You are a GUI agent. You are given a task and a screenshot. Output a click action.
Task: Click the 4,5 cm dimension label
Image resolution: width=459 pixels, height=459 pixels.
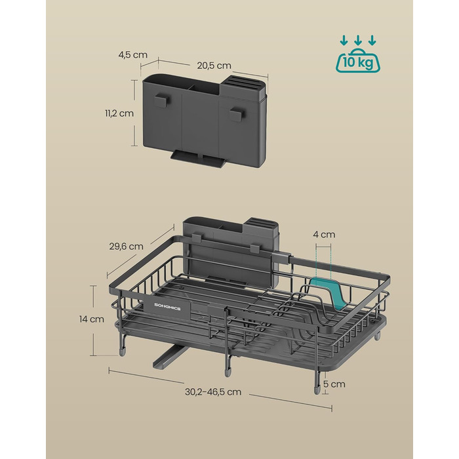coord(132,54)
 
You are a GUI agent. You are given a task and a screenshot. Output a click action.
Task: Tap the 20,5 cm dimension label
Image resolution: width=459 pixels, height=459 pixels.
coord(214,66)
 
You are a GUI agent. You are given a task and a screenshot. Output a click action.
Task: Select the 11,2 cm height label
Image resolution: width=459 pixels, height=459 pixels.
coord(119,113)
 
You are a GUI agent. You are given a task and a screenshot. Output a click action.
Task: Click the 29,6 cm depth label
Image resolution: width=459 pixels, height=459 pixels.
coord(127,246)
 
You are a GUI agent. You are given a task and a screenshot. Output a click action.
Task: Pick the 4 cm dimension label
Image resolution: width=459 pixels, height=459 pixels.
coord(324,234)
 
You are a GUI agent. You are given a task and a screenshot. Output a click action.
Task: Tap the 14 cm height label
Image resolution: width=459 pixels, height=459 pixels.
coord(92,319)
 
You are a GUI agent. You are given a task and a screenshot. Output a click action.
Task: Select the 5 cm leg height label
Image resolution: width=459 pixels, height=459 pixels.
coord(334,384)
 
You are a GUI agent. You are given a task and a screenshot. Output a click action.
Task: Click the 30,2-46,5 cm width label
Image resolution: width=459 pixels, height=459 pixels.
coord(213,391)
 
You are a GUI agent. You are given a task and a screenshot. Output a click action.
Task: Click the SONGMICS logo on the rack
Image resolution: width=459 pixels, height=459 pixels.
coord(167,308)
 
